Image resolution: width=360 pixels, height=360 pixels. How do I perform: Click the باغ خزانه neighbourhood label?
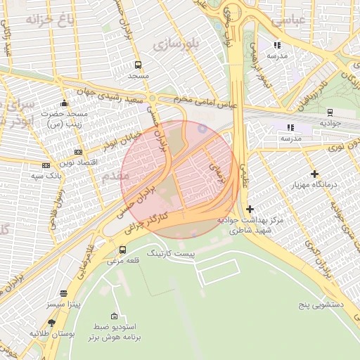(x=50, y=18)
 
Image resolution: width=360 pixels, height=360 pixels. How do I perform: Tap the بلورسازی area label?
(x=177, y=44)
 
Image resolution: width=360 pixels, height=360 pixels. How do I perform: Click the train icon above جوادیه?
(x=330, y=112)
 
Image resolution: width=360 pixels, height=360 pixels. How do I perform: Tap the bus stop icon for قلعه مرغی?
(x=123, y=250)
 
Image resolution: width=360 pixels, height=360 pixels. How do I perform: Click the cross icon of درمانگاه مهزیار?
(x=314, y=174)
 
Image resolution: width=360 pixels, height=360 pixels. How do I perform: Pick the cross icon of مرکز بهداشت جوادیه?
(x=250, y=209)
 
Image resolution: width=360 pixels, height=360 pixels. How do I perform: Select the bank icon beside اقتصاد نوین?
(x=78, y=152)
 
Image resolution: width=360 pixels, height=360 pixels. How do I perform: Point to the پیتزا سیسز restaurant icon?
(x=64, y=293)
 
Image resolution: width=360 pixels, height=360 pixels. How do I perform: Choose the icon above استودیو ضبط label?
(x=114, y=316)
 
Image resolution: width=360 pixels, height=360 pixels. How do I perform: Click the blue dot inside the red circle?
(x=203, y=128)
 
